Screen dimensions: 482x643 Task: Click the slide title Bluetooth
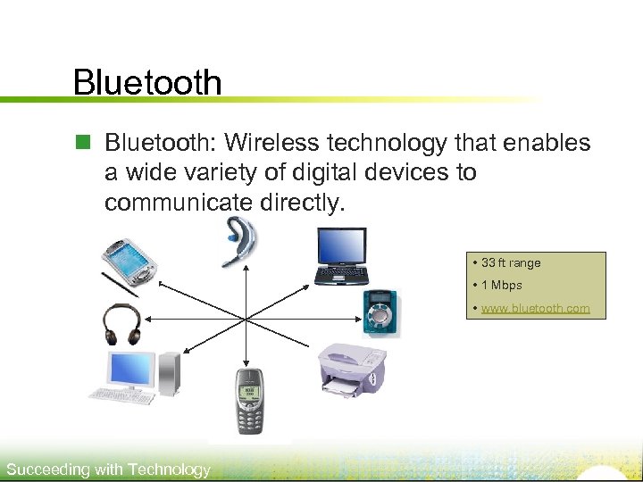[x=147, y=82]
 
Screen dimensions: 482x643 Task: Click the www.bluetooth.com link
[x=535, y=308]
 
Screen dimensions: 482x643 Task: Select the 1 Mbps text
[x=501, y=286]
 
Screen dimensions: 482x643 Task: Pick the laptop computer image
[x=340, y=255]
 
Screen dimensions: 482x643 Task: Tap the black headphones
[x=121, y=324]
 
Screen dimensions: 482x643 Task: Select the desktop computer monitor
[x=131, y=370]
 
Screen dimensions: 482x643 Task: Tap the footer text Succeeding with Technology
[x=108, y=470]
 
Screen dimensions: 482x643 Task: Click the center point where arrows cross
[x=246, y=318]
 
